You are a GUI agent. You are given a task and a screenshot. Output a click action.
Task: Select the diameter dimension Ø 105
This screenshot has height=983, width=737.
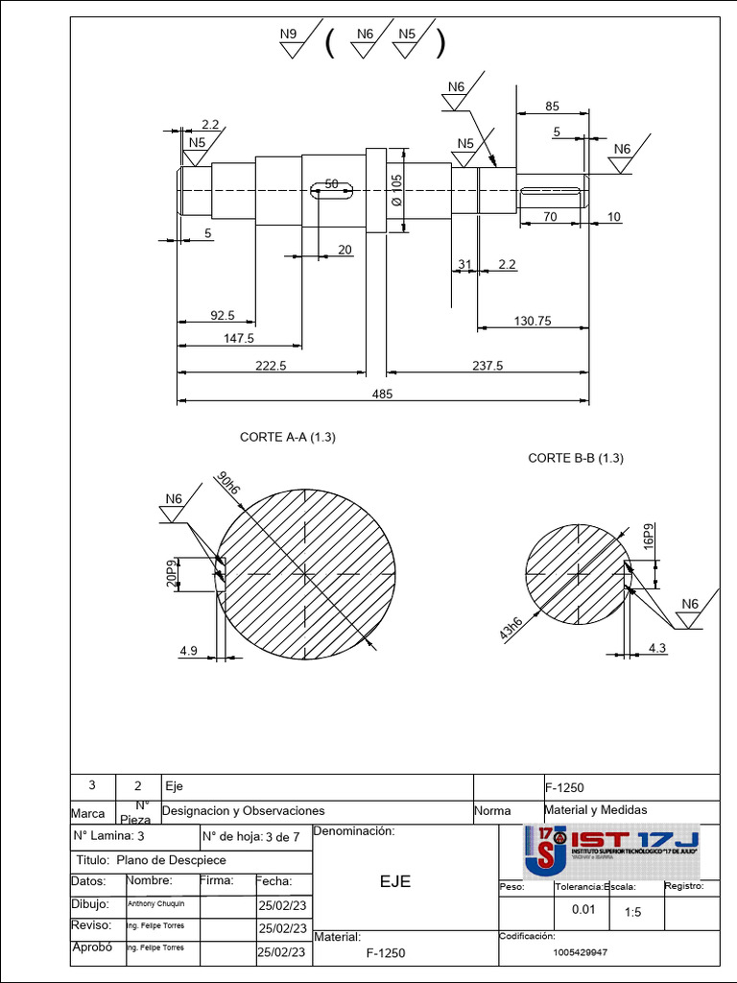pyautogui.click(x=397, y=189)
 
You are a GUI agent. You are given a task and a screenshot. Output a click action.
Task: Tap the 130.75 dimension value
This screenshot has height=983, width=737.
pyautogui.click(x=532, y=322)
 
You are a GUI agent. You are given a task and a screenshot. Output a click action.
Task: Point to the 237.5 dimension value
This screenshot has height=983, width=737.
pyautogui.click(x=487, y=366)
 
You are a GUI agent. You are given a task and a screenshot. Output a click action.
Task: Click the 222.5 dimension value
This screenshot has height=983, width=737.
pyautogui.click(x=271, y=366)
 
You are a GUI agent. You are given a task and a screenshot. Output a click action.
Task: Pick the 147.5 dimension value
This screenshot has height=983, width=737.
pyautogui.click(x=238, y=338)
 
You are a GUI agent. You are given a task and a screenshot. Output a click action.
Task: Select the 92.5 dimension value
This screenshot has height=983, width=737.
pyautogui.click(x=222, y=315)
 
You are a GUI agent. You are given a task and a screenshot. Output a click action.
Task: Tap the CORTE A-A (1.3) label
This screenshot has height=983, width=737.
pyautogui.click(x=287, y=437)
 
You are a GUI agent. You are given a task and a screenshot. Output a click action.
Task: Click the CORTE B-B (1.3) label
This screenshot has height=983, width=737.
pyautogui.click(x=576, y=458)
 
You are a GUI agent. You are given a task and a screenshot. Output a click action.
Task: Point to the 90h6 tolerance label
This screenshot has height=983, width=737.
pyautogui.click(x=228, y=483)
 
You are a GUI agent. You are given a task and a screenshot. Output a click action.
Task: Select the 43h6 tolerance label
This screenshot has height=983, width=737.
pyautogui.click(x=511, y=629)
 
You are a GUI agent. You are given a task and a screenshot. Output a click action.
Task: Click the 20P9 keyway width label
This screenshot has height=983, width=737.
pyautogui.click(x=172, y=573)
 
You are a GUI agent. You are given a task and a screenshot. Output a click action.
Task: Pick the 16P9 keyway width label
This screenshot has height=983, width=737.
pyautogui.click(x=649, y=537)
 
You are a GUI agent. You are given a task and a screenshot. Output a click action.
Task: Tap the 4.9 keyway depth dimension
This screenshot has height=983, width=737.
pyautogui.click(x=188, y=651)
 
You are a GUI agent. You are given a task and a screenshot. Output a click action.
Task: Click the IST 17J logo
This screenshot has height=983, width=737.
pyautogui.click(x=611, y=850)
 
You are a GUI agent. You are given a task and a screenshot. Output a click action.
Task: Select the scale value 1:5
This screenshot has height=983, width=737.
pyautogui.click(x=632, y=913)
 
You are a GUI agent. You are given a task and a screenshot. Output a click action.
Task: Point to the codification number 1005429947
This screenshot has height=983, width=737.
pyautogui.click(x=581, y=952)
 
